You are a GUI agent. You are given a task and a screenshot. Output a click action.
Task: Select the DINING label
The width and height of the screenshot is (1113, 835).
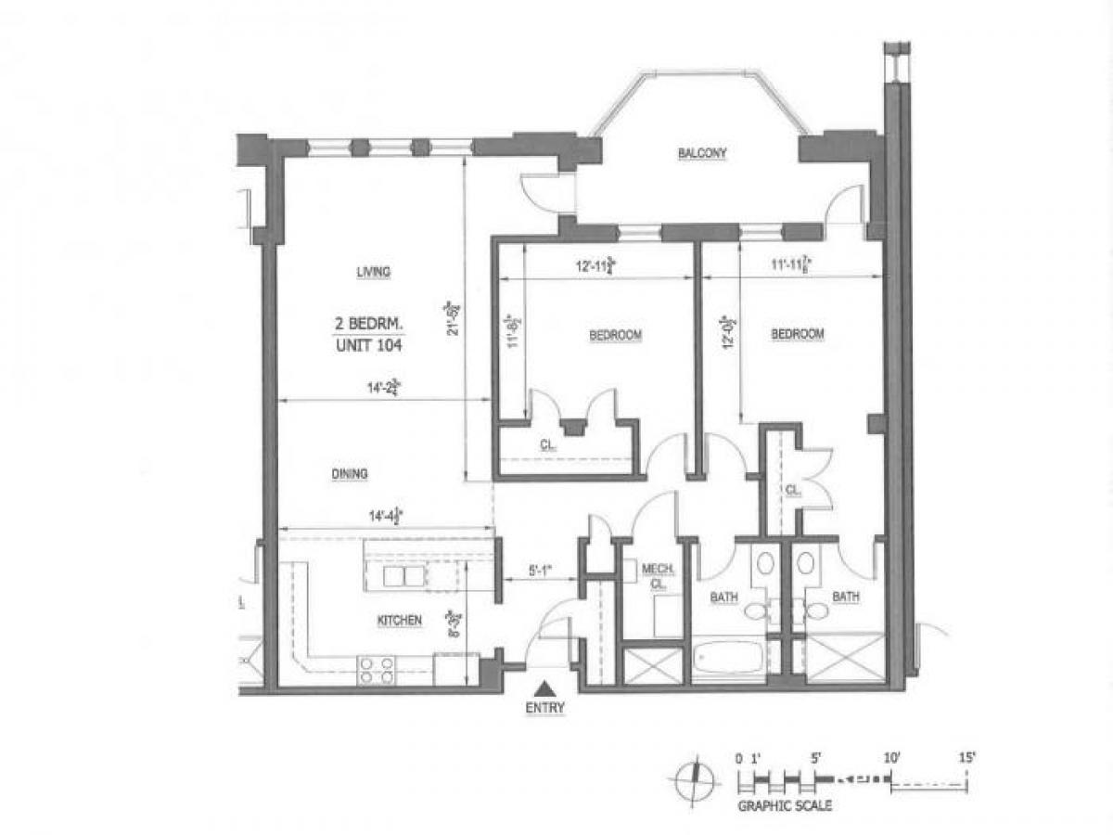click(x=349, y=473)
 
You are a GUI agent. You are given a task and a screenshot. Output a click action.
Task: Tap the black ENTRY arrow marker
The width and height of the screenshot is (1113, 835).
click(x=546, y=687)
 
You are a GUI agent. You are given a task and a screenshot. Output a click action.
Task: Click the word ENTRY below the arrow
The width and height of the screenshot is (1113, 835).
click(x=546, y=707)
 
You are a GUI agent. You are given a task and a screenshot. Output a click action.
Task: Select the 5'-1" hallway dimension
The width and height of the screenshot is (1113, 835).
click(x=540, y=572)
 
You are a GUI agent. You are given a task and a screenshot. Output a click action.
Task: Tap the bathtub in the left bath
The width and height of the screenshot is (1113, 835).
click(x=728, y=660)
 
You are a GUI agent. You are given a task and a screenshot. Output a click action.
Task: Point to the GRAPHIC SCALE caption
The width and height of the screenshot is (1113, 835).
click(x=784, y=805)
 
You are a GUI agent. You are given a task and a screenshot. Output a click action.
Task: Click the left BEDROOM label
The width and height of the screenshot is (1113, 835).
click(x=616, y=335)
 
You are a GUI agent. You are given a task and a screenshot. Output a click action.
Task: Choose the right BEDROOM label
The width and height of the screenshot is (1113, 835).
click(x=798, y=334)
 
